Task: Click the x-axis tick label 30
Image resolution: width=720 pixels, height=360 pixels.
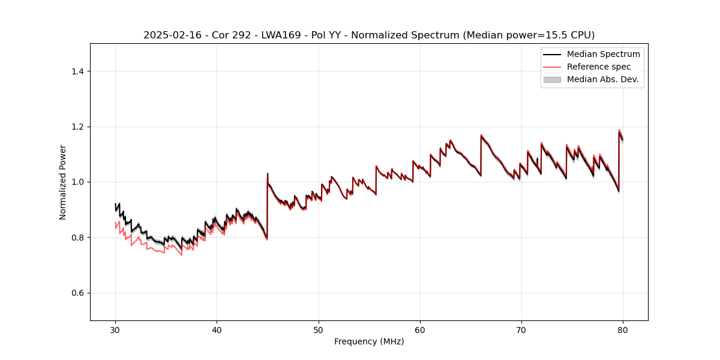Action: (x=115, y=330)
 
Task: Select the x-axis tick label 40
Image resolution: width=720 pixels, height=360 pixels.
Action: (x=217, y=330)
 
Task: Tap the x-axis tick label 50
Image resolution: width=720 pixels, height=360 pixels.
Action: (x=319, y=330)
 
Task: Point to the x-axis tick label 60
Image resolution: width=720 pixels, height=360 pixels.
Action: (x=420, y=330)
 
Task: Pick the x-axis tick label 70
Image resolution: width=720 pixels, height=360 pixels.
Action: (x=521, y=330)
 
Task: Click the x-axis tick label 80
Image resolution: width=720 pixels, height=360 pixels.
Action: (x=623, y=330)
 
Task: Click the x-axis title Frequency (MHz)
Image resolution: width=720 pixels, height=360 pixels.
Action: (x=369, y=341)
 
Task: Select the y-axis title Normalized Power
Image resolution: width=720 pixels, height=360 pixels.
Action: (x=62, y=182)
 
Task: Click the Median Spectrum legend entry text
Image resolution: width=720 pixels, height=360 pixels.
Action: (x=603, y=54)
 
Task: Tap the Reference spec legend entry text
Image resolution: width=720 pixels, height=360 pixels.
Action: (x=599, y=67)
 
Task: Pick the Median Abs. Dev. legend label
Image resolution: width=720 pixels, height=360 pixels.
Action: (x=602, y=79)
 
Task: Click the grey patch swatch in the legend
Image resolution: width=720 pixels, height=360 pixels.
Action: (x=552, y=79)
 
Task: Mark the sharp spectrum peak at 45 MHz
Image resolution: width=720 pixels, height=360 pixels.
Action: (x=268, y=174)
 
